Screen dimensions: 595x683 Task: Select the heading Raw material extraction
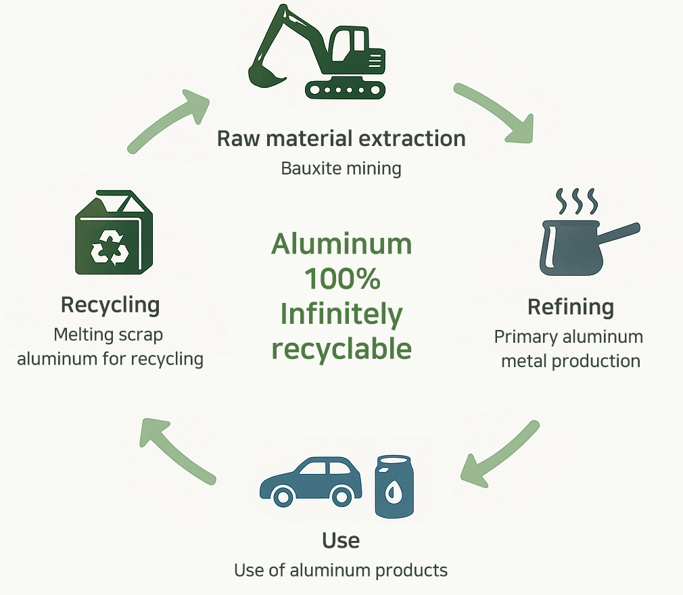(341, 139)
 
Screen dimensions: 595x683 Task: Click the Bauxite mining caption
(341, 168)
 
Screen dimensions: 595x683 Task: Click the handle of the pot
(619, 233)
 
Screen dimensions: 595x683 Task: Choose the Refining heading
(571, 307)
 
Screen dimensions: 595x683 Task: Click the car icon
(311, 480)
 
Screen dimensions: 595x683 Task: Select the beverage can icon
(394, 486)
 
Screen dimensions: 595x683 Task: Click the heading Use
(341, 540)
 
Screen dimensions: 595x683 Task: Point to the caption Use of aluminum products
(341, 570)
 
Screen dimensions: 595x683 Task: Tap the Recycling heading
(110, 305)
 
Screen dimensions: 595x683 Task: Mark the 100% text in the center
(341, 278)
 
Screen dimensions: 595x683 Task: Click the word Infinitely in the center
(341, 314)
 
